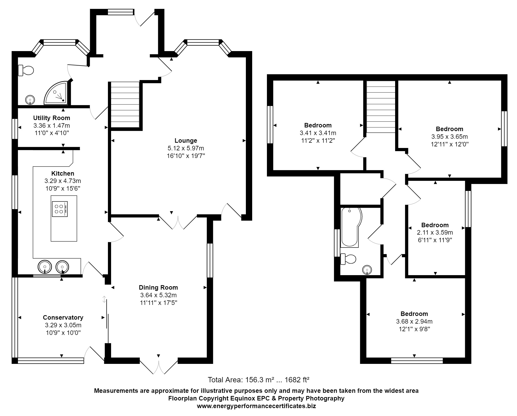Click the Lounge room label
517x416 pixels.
pyautogui.click(x=186, y=141)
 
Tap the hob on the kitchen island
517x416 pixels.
pyautogui.click(x=60, y=209)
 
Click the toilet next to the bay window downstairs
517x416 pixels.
pyautogui.click(x=26, y=71)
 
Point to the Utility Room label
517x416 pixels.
pyautogui.click(x=52, y=118)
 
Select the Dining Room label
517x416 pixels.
pyautogui.click(x=158, y=288)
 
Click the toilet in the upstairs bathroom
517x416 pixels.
pyautogui.click(x=348, y=259)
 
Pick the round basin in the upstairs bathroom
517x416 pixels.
pyautogui.click(x=367, y=270)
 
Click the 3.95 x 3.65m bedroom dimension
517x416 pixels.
pyautogui.click(x=449, y=137)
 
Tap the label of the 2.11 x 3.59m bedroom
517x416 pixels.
pyautogui.click(x=435, y=225)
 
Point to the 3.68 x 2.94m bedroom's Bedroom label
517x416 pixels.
pyautogui.click(x=414, y=314)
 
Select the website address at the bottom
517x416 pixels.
pyautogui.click(x=256, y=406)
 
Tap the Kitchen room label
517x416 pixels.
pyautogui.click(x=63, y=174)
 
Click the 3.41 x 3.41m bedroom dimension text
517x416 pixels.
pyautogui.click(x=318, y=133)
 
